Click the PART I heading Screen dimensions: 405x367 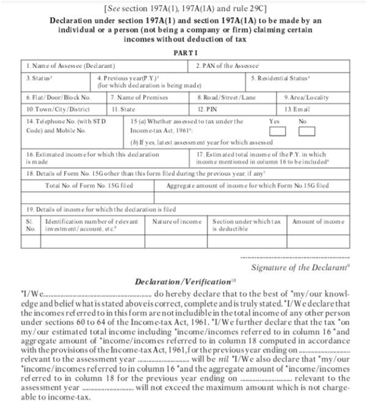[183, 53]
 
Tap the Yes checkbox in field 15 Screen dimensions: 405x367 [278, 132]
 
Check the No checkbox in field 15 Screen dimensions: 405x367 [306, 132]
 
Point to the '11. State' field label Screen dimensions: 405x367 [125, 108]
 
